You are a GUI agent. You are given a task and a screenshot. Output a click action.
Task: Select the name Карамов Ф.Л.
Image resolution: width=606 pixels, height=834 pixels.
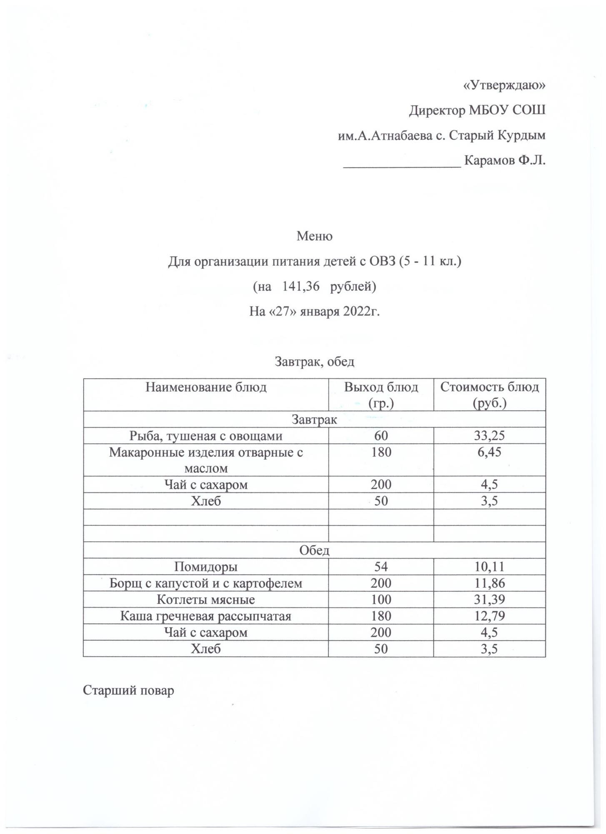tap(504, 161)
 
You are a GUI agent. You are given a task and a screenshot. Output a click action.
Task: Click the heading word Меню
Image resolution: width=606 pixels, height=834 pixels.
tap(314, 236)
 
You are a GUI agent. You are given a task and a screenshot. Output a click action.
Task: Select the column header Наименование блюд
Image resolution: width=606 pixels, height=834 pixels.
tap(206, 387)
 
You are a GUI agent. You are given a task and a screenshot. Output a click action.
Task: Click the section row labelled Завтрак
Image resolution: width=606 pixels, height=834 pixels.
tap(314, 420)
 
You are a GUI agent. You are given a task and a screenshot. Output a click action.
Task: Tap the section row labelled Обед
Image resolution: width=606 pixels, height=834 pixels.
tap(314, 550)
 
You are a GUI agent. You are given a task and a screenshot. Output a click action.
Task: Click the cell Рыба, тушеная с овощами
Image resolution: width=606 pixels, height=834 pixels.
tap(206, 436)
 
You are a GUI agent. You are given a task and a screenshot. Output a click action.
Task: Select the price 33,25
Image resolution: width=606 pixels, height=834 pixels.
tap(489, 436)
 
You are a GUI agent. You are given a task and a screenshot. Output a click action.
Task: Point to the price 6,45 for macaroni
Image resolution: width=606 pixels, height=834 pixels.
tap(489, 452)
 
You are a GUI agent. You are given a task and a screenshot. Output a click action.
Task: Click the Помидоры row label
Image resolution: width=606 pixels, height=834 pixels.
tap(206, 567)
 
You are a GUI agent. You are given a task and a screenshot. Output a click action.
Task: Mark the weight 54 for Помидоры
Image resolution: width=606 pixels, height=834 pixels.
tap(381, 567)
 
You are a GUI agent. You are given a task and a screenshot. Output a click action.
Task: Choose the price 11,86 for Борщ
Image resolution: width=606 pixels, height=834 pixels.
tap(489, 583)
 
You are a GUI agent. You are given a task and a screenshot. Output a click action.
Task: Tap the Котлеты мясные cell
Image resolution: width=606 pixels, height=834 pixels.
tap(206, 600)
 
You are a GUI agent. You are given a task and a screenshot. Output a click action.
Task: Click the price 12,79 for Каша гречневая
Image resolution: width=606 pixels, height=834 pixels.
tap(489, 616)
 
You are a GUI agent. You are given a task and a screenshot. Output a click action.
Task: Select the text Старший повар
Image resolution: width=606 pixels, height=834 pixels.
tap(128, 691)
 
